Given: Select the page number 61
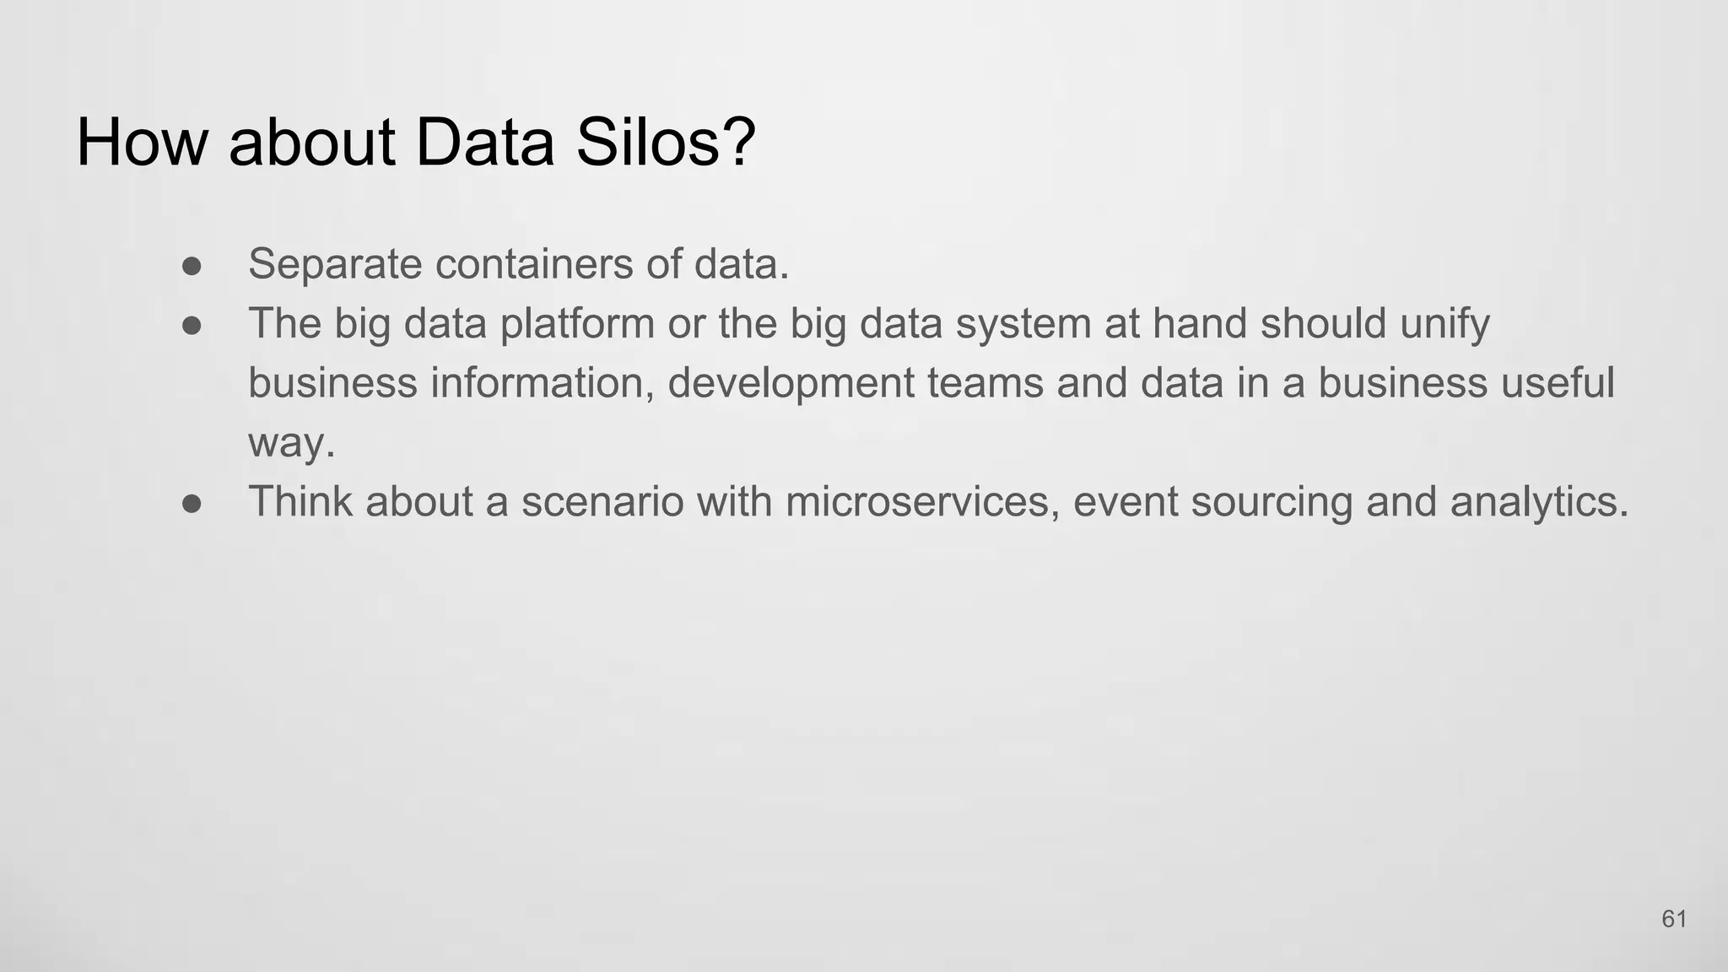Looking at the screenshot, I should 1674,919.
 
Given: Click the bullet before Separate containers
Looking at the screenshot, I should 192,266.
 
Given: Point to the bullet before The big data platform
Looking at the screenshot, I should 192,326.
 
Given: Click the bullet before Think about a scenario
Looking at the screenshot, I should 192,504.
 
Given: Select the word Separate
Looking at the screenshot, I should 334,264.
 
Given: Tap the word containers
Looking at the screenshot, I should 534,264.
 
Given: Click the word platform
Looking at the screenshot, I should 577,325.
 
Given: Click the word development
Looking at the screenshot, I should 791,384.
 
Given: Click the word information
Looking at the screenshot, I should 542,384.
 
